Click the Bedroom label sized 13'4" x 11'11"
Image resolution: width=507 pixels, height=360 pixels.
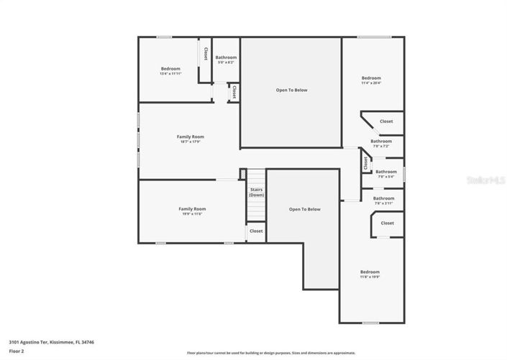coord(170,70)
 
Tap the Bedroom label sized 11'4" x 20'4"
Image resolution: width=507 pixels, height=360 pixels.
coord(371,80)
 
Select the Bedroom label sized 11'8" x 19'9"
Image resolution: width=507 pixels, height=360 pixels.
coord(370,273)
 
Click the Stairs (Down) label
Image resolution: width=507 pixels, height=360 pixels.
coord(256,193)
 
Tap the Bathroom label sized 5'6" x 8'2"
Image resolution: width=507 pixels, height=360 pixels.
coord(226,59)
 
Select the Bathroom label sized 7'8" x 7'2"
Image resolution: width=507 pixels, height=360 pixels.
coord(381,143)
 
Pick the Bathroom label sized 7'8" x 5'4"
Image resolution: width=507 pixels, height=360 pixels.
coord(385,173)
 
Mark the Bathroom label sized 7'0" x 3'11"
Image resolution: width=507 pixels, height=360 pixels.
coord(383,200)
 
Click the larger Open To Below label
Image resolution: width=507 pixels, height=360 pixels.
coord(291,90)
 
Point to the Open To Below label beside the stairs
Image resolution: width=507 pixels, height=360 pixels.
coord(304,209)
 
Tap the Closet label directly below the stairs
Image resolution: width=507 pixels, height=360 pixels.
coord(256,231)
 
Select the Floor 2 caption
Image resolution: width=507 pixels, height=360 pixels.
coord(17,351)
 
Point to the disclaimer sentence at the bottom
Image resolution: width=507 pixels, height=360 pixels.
coord(271,353)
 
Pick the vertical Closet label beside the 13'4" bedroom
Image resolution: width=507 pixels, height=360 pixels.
coord(205,54)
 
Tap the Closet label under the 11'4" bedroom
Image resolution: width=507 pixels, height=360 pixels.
coord(386,121)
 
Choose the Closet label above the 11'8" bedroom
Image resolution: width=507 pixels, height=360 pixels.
coord(387,223)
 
